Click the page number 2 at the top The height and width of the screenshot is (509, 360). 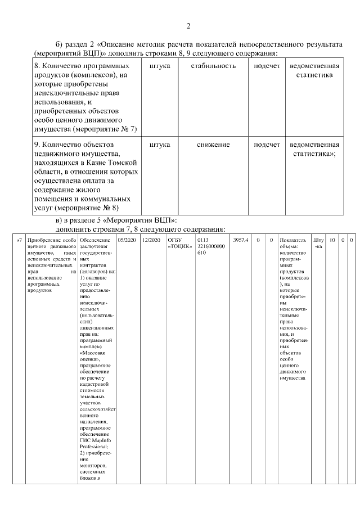pyautogui.click(x=189, y=26)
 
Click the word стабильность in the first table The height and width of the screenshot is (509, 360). pyautogui.click(x=213, y=66)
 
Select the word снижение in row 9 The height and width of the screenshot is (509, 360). pyautogui.click(x=213, y=145)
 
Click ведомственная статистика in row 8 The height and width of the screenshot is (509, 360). pyautogui.click(x=314, y=70)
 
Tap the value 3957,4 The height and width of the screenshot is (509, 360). pyautogui.click(x=239, y=240)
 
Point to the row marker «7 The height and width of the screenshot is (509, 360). pyautogui.click(x=19, y=240)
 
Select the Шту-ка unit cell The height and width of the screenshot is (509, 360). pyautogui.click(x=318, y=244)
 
